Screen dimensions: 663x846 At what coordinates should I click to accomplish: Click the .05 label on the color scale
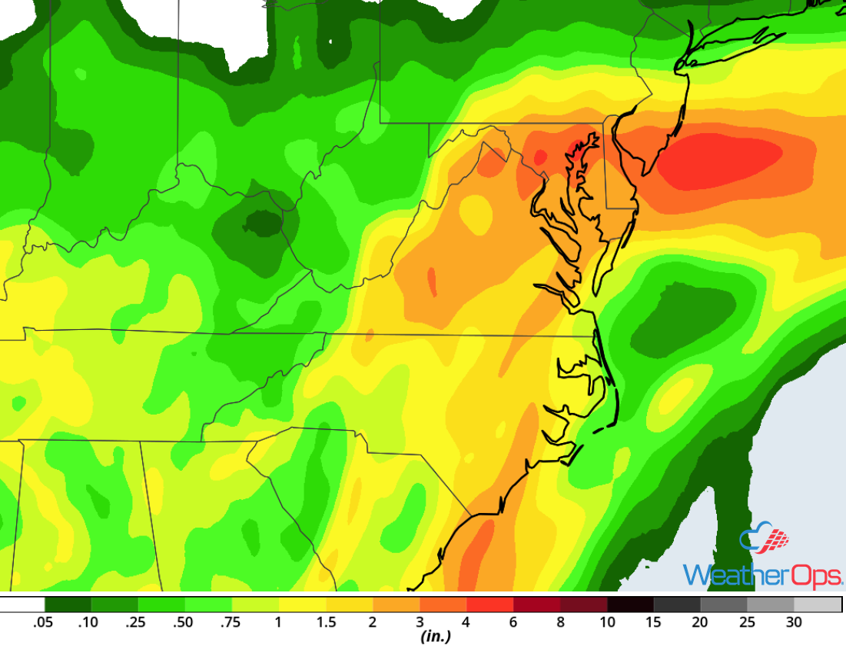pyautogui.click(x=43, y=622)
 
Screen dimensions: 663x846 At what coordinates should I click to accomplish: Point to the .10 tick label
pyautogui.click(x=89, y=622)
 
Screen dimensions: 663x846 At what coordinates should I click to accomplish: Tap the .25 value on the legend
pyautogui.click(x=136, y=622)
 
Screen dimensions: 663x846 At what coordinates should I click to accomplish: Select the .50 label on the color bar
pyautogui.click(x=183, y=622)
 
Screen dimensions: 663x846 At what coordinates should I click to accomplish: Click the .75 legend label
pyautogui.click(x=231, y=622)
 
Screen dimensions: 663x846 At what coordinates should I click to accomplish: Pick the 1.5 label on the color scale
pyautogui.click(x=326, y=622)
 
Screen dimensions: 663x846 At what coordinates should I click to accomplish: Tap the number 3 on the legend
pyautogui.click(x=420, y=622)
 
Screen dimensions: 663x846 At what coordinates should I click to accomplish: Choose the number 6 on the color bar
pyautogui.click(x=513, y=622)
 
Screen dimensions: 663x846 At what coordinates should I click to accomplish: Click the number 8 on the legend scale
pyautogui.click(x=561, y=622)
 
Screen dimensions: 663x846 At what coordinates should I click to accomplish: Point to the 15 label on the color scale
pyautogui.click(x=654, y=622)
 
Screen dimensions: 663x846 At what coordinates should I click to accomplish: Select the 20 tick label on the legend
pyautogui.click(x=700, y=622)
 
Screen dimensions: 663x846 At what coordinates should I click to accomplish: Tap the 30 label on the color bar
pyautogui.click(x=794, y=622)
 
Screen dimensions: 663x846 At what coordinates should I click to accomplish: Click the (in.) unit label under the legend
pyautogui.click(x=435, y=637)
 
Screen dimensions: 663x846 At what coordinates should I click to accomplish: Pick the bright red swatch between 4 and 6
pyautogui.click(x=490, y=605)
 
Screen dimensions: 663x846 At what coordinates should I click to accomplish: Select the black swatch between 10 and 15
pyautogui.click(x=630, y=605)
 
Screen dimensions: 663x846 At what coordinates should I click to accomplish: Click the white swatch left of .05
pyautogui.click(x=22, y=605)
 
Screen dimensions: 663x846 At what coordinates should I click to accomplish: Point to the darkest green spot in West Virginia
pyautogui.click(x=261, y=223)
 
